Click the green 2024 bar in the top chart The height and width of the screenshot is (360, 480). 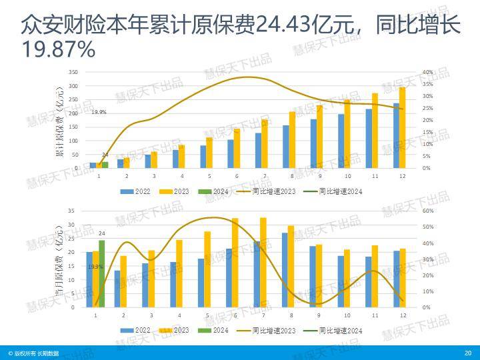coord(105,164)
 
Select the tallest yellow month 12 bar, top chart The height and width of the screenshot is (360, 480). coord(402,127)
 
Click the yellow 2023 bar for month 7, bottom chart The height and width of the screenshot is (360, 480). coord(263,262)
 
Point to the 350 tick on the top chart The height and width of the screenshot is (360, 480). coord(73,72)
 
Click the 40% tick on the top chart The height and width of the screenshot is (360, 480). coord(427,72)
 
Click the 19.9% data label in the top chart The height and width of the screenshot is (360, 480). coord(99,112)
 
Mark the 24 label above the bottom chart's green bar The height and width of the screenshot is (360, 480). coord(102,233)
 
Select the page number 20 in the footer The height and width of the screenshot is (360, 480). coord(467,353)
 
